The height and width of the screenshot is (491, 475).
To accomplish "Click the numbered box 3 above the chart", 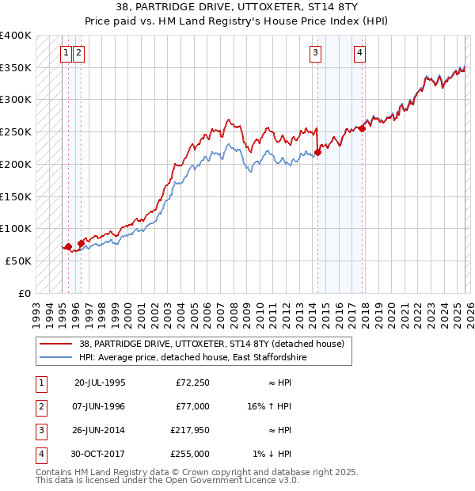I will (x=316, y=53).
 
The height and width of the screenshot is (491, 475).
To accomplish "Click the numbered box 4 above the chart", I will (x=359, y=53).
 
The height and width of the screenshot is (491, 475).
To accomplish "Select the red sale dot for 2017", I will (x=362, y=128).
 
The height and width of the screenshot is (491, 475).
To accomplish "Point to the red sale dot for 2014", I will (x=317, y=152).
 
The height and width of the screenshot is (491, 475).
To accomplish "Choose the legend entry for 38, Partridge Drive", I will (x=211, y=344).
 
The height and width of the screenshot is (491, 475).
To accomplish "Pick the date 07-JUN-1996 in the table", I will (x=99, y=406).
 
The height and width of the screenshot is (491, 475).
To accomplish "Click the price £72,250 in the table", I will (x=192, y=383).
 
